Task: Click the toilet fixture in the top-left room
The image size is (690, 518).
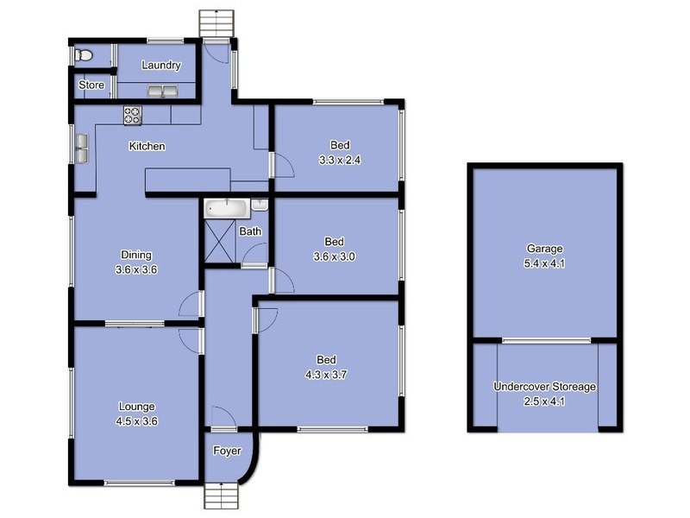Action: point(83,55)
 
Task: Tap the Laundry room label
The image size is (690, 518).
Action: point(160,66)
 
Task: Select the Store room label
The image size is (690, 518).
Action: point(91,85)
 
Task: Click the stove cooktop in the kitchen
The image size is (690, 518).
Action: point(133,113)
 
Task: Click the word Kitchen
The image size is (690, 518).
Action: point(147,147)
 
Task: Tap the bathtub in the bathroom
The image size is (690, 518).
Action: point(227,207)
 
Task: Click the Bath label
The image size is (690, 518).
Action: point(250,231)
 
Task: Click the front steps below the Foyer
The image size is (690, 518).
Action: point(222,496)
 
